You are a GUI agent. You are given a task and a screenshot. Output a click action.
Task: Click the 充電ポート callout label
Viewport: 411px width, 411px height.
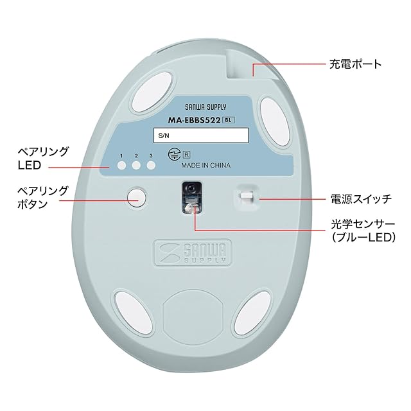(355, 64)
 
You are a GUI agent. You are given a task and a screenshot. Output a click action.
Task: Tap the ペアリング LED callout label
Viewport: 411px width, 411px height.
(44, 159)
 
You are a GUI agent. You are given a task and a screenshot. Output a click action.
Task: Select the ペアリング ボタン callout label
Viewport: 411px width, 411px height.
(44, 198)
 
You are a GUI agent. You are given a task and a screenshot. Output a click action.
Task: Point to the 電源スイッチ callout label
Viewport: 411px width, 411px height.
(360, 200)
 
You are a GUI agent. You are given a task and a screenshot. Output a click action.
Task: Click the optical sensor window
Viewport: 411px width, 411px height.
(191, 197)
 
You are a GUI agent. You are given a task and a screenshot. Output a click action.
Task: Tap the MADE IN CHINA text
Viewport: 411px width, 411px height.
(206, 164)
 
